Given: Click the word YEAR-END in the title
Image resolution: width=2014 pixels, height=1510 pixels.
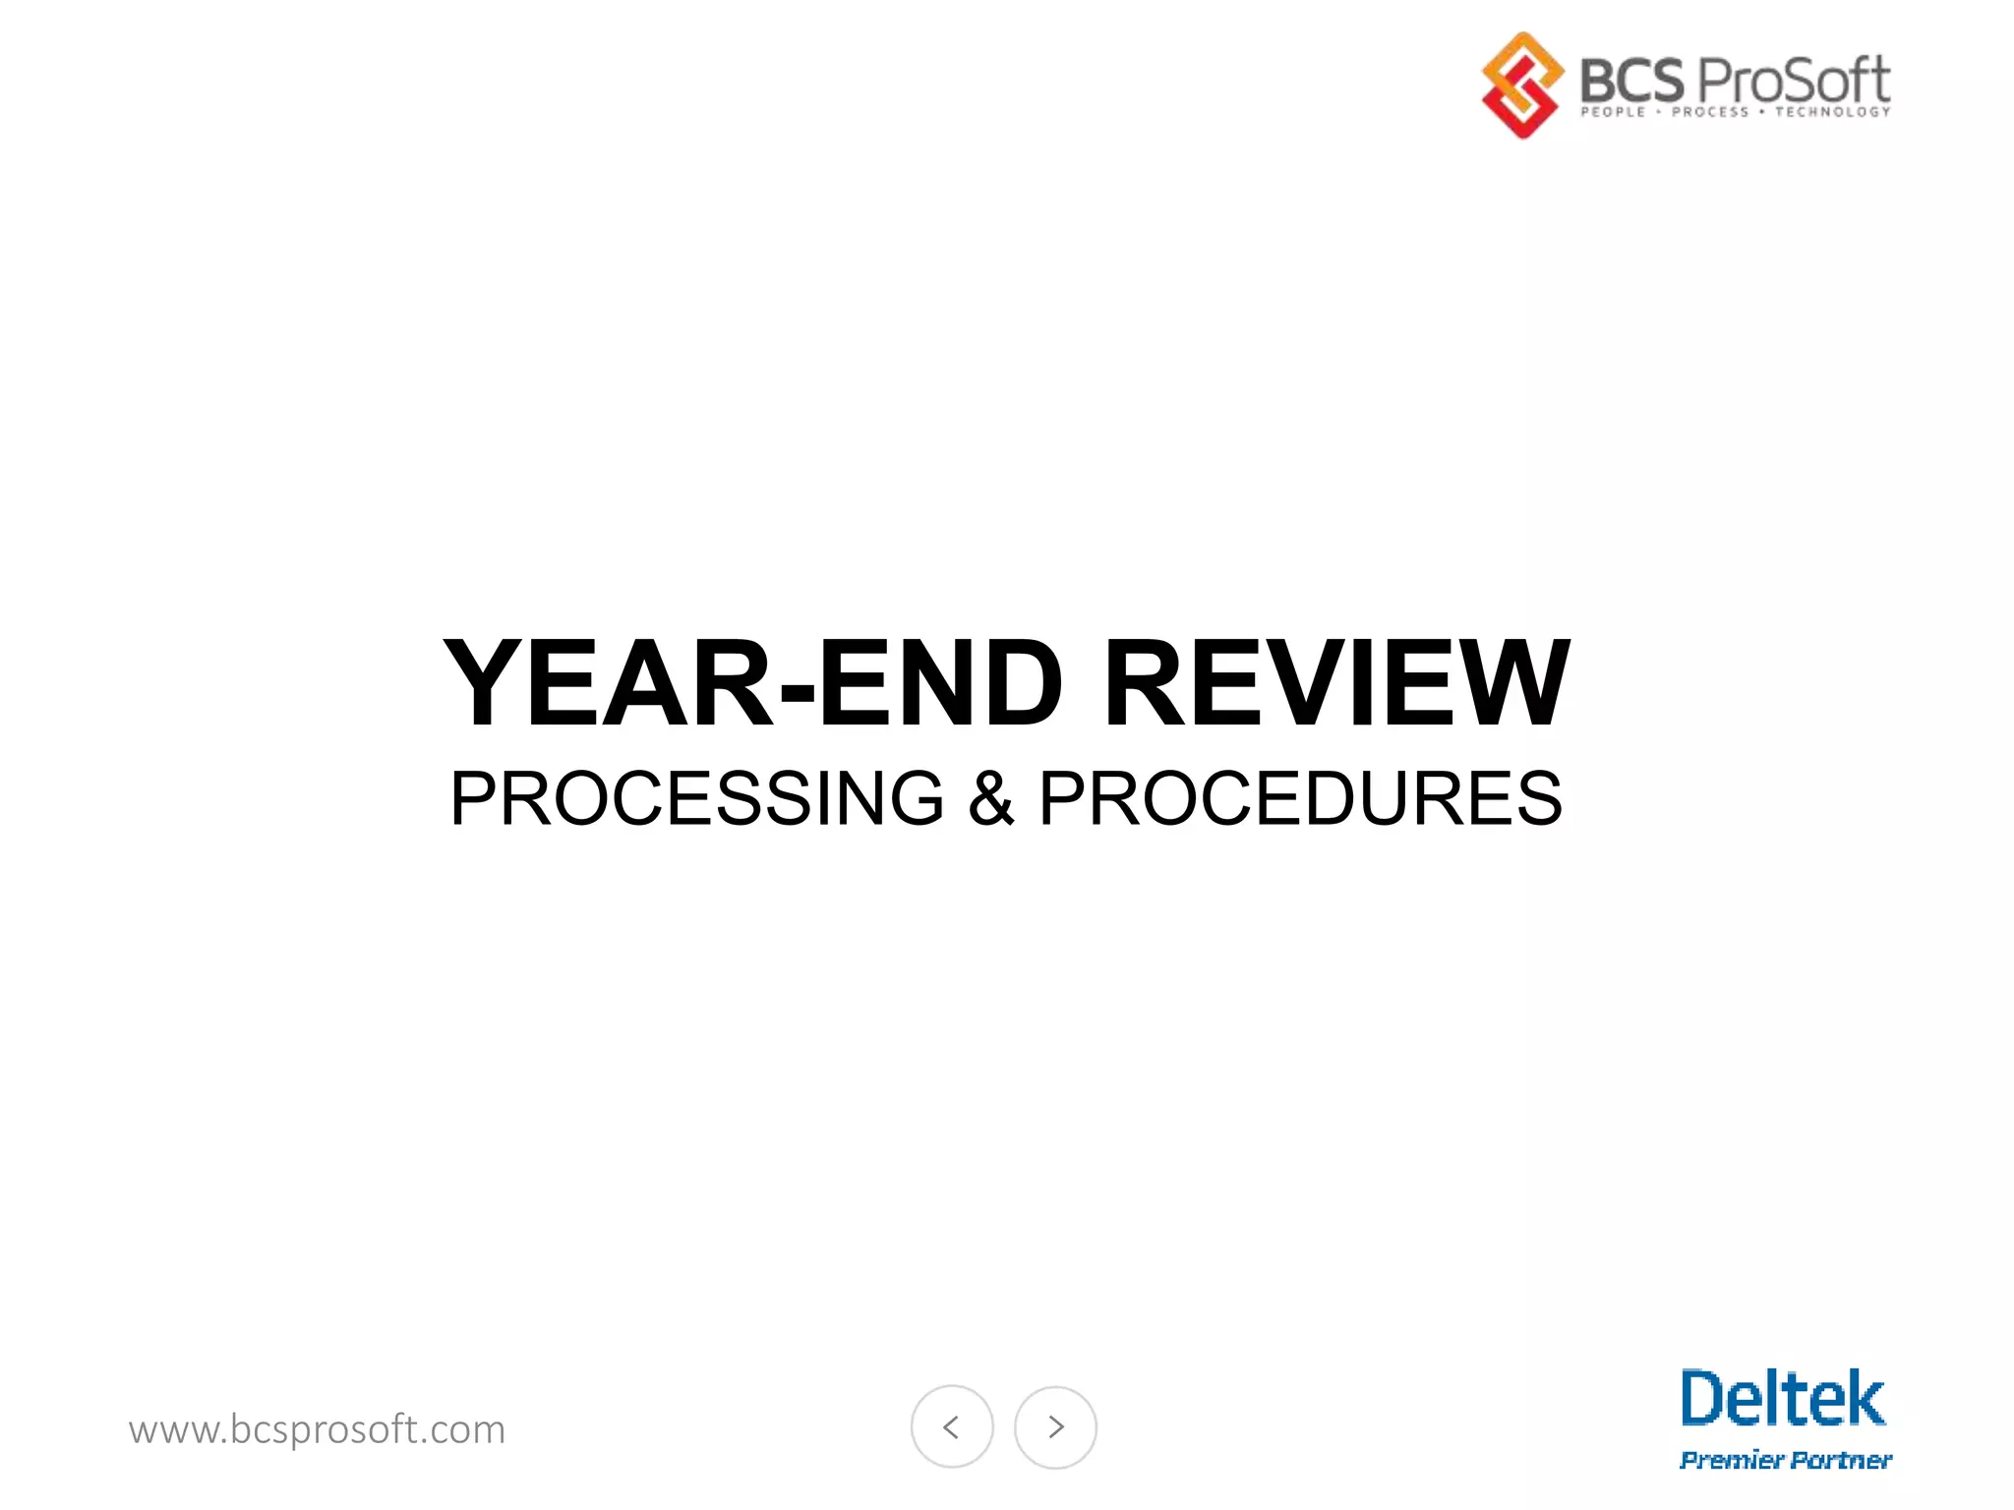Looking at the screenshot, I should (x=752, y=683).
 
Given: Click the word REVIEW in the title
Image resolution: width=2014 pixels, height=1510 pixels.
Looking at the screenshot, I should (x=1337, y=683).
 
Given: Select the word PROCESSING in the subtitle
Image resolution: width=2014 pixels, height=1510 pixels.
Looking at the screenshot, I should (x=697, y=798).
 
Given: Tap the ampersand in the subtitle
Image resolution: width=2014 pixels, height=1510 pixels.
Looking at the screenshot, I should (x=991, y=798).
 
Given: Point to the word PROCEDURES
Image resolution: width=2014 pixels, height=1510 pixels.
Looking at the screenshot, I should (x=1300, y=798).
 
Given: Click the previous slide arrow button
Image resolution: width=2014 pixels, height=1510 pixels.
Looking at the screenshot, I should (x=952, y=1426).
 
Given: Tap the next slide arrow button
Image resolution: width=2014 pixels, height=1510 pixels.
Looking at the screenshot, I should (x=1055, y=1426).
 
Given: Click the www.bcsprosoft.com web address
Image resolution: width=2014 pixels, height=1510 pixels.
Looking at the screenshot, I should (x=317, y=1429).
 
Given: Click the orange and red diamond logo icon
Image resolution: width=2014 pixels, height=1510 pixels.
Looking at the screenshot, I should (x=1522, y=85).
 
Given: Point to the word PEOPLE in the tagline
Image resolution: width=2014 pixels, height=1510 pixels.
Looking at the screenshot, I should (x=1613, y=112).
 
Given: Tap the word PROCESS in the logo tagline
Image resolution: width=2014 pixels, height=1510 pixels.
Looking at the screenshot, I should (x=1710, y=112).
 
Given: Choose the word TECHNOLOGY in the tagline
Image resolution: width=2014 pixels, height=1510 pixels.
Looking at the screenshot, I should (x=1832, y=112).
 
